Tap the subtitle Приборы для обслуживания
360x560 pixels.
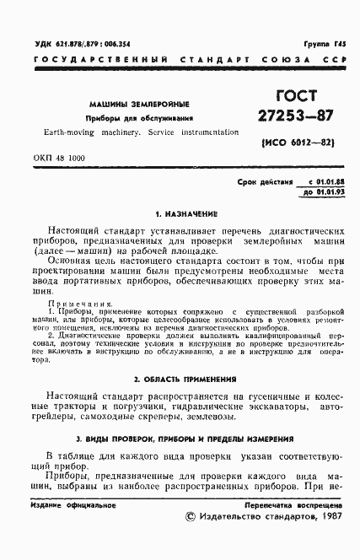click(x=142, y=118)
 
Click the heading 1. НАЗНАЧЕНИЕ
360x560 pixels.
click(x=181, y=214)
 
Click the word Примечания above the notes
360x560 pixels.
click(x=78, y=304)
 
